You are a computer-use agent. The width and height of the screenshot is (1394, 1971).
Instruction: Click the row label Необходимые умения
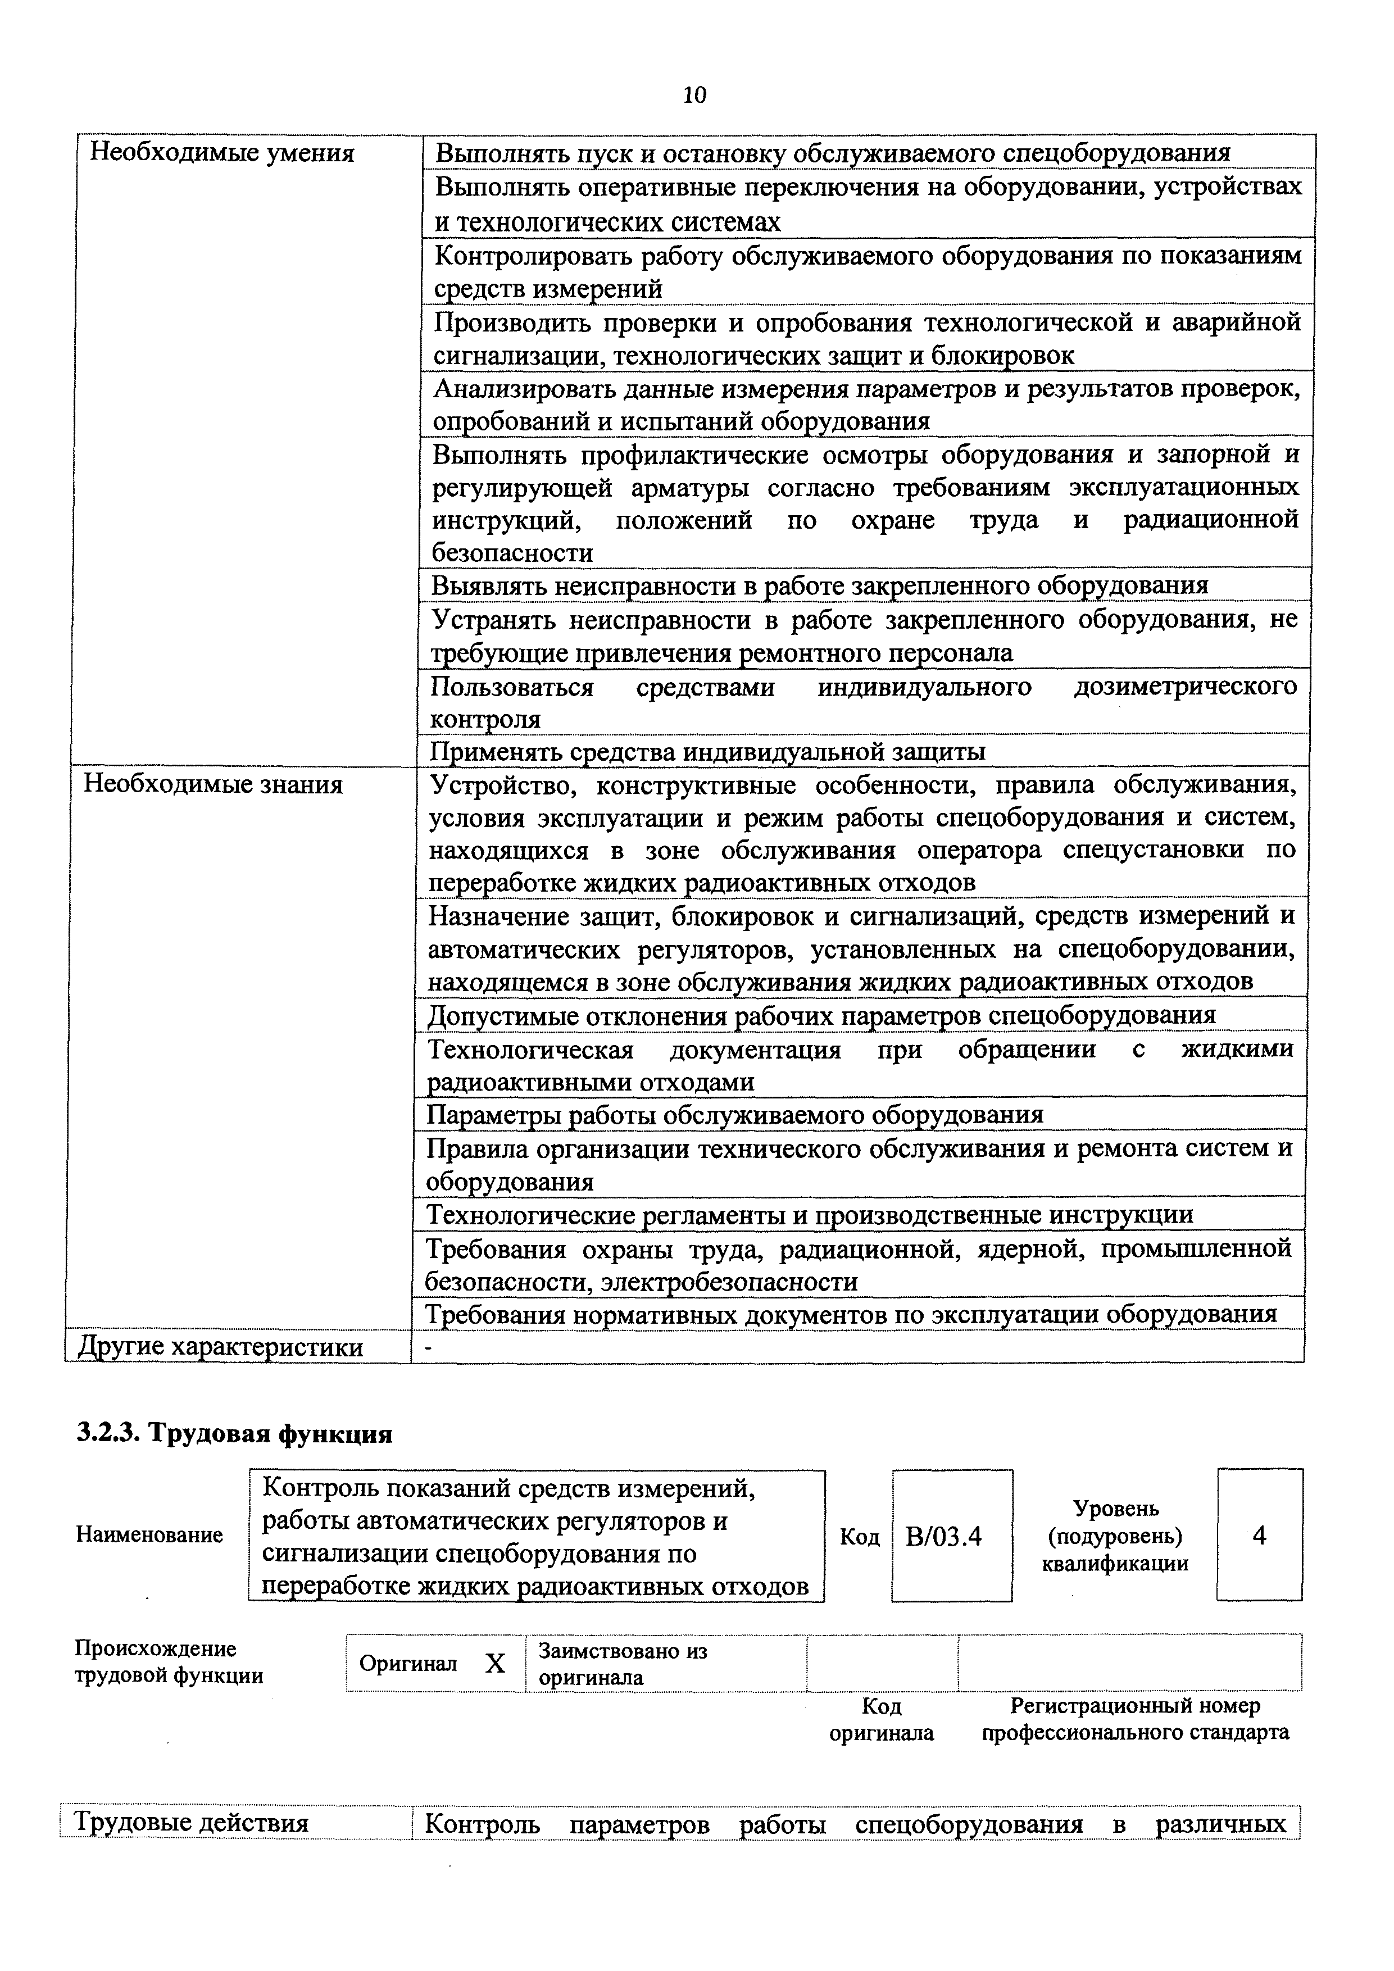221,153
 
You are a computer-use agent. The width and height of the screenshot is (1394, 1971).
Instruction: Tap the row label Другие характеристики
221,1347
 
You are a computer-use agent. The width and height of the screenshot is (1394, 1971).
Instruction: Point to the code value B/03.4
943,1536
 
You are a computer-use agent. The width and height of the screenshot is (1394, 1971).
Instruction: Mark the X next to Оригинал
495,1665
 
